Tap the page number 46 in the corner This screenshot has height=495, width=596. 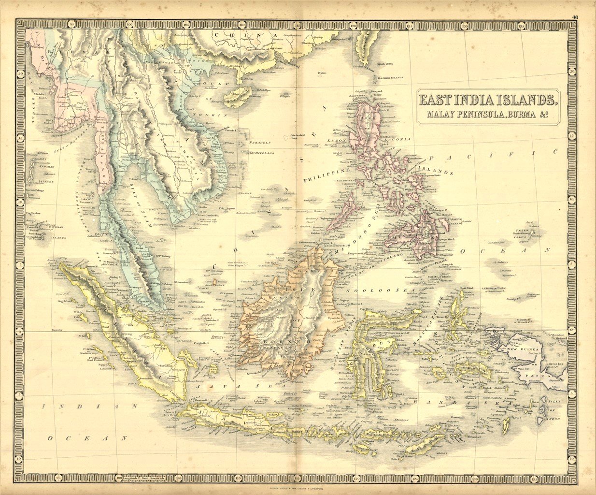[575, 17]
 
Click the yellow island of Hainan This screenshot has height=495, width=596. [240, 96]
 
